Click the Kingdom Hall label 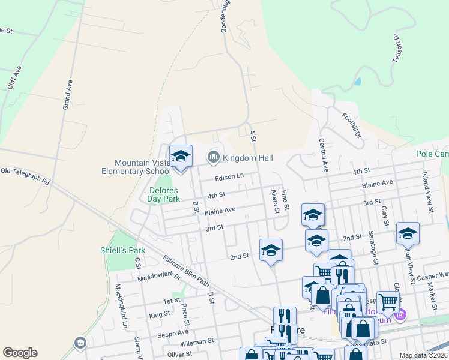[248, 158]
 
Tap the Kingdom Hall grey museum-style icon [212, 158]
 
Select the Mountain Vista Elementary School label [142, 167]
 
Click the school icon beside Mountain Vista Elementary [181, 157]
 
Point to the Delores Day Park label [164, 195]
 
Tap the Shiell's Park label [123, 250]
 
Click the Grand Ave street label [68, 94]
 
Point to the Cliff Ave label [14, 77]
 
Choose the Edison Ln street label [230, 177]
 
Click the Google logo [20, 353]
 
